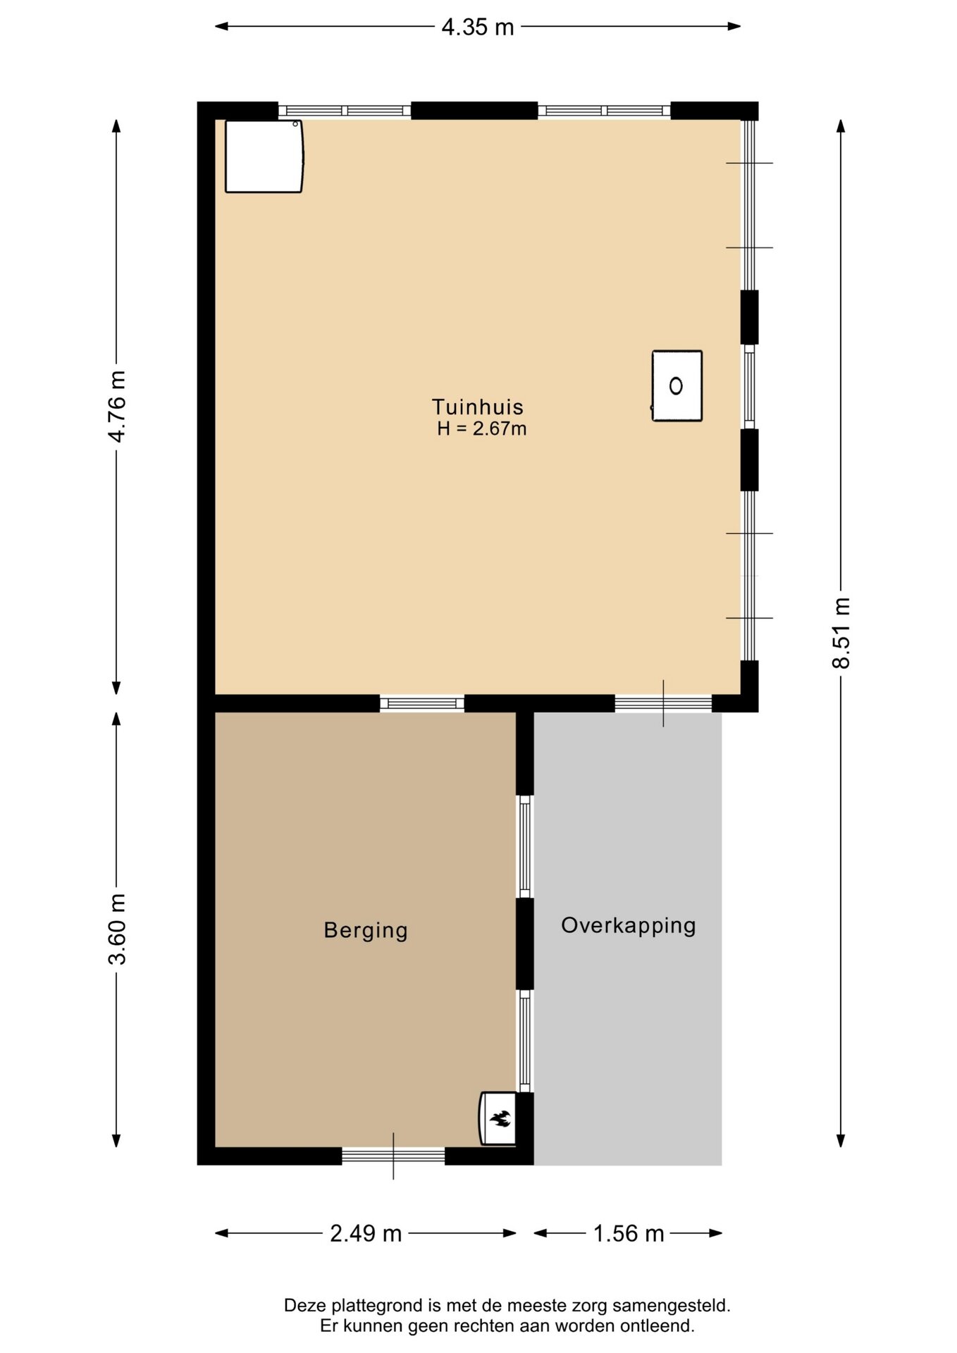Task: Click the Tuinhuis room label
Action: click(478, 407)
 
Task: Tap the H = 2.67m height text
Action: click(482, 428)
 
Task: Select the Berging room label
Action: click(366, 930)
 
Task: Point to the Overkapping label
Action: click(629, 925)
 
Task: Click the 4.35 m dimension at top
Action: click(478, 27)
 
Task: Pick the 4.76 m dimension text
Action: click(117, 407)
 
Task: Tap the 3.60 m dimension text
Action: click(117, 929)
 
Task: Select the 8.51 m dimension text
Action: click(841, 633)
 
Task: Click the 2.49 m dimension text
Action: click(366, 1233)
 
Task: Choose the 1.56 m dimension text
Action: click(629, 1233)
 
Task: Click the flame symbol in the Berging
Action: click(500, 1118)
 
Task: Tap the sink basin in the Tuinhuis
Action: click(677, 386)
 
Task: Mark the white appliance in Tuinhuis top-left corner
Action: click(264, 156)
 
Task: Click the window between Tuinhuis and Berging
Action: click(422, 703)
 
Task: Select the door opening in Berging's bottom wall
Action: click(393, 1156)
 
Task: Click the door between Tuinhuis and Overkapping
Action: click(663, 703)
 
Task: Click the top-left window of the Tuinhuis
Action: click(345, 111)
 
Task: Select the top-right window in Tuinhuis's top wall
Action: click(604, 111)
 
